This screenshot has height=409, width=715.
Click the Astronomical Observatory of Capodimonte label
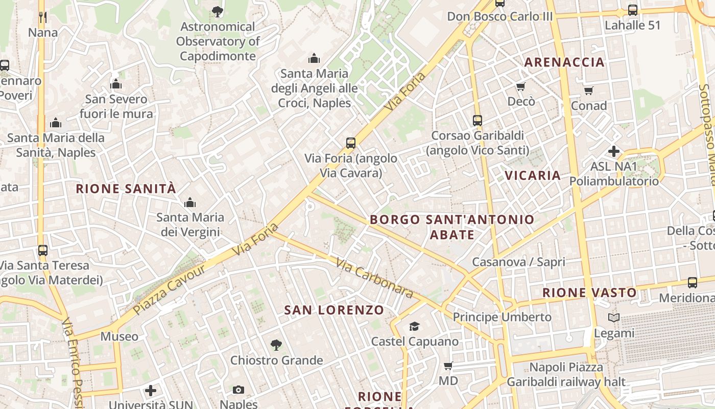pyautogui.click(x=218, y=41)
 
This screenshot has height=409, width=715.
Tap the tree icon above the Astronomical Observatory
pyautogui.click(x=218, y=11)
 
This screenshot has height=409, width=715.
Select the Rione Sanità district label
pyautogui.click(x=126, y=189)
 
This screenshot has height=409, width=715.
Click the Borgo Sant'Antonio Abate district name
pyautogui.click(x=452, y=227)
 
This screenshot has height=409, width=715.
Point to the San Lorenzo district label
pyautogui.click(x=334, y=310)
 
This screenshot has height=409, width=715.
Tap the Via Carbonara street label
pyautogui.click(x=374, y=278)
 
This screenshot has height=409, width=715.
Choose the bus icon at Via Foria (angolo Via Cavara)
pyautogui.click(x=351, y=143)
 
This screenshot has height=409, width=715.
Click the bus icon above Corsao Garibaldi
pyautogui.click(x=478, y=121)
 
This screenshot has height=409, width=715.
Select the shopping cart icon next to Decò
pyautogui.click(x=520, y=86)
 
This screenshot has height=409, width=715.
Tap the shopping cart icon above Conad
pyautogui.click(x=588, y=91)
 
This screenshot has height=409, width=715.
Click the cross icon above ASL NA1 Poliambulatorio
pyautogui.click(x=614, y=151)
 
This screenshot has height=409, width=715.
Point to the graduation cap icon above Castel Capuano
pyautogui.click(x=414, y=326)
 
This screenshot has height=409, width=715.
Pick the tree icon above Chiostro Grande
pyautogui.click(x=276, y=345)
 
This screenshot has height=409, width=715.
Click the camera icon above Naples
pyautogui.click(x=238, y=390)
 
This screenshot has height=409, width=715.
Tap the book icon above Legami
pyautogui.click(x=614, y=318)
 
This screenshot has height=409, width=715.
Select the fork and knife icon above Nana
pyautogui.click(x=43, y=17)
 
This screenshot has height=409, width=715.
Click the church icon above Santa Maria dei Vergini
pyautogui.click(x=190, y=202)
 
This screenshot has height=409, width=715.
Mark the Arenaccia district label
pyautogui.click(x=564, y=62)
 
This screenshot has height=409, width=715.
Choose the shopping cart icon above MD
pyautogui.click(x=448, y=366)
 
